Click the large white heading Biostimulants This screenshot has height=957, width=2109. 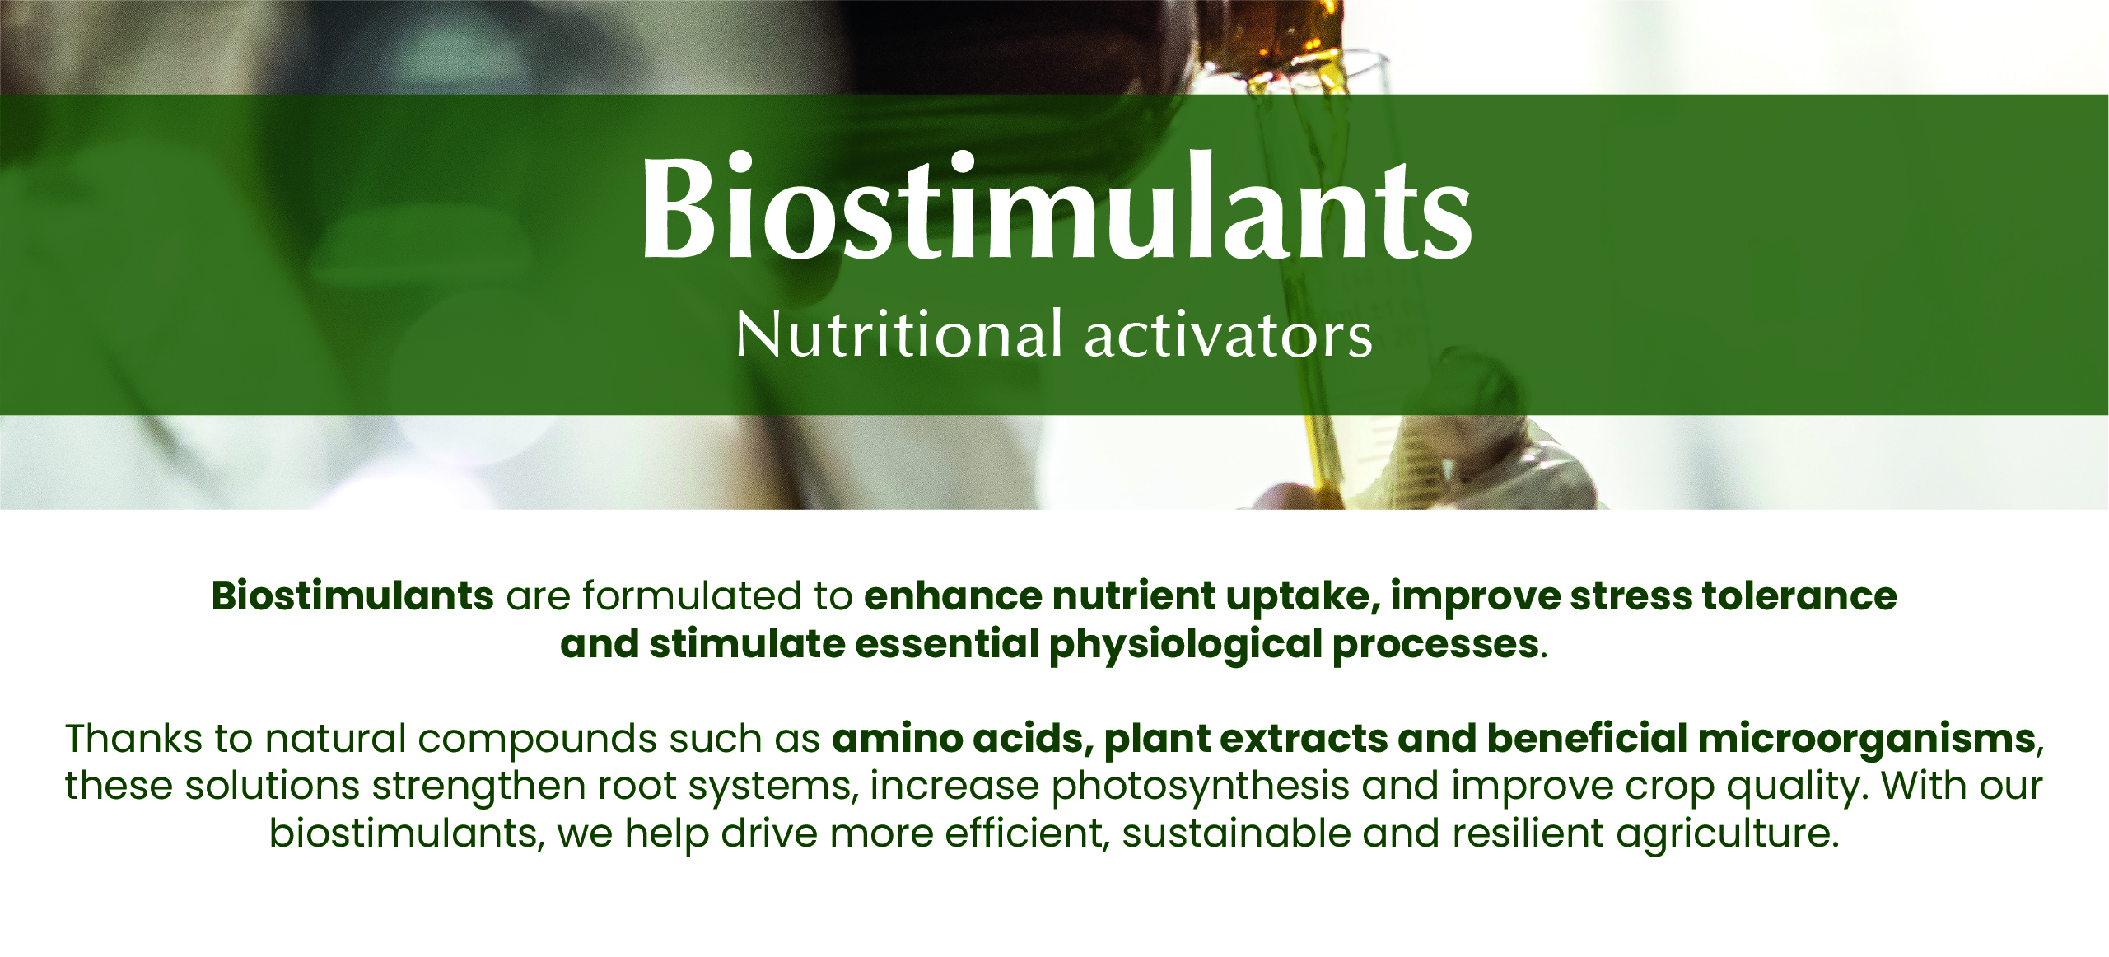coord(1057,206)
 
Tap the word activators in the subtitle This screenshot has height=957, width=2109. coord(1229,335)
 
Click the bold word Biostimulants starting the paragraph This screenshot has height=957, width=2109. coord(352,595)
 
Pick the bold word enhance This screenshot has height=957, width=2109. coord(953,596)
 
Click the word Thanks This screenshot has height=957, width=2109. coord(133,738)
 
